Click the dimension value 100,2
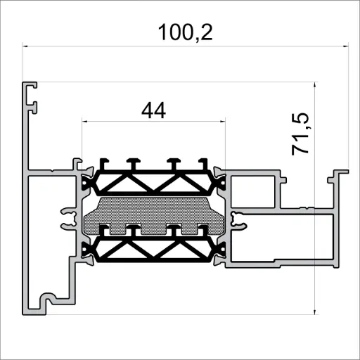pyautogui.click(x=186, y=32)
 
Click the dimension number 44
pyautogui.click(x=153, y=110)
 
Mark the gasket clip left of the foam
pyautogui.click(x=70, y=217)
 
